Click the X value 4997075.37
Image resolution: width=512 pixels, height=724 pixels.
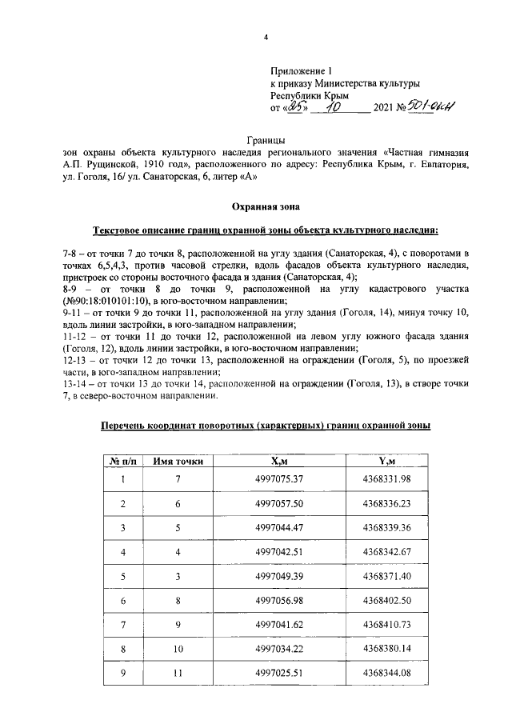279,478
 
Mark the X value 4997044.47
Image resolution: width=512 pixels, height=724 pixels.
279,528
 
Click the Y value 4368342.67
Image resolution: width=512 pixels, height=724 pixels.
386,552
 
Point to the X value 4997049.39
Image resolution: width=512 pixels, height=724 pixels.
279,576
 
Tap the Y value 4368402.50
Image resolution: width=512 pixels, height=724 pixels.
386,600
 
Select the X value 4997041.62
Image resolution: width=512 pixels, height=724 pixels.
279,624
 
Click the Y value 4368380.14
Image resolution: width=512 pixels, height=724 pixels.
386,648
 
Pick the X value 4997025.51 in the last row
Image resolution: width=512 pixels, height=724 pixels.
279,673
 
